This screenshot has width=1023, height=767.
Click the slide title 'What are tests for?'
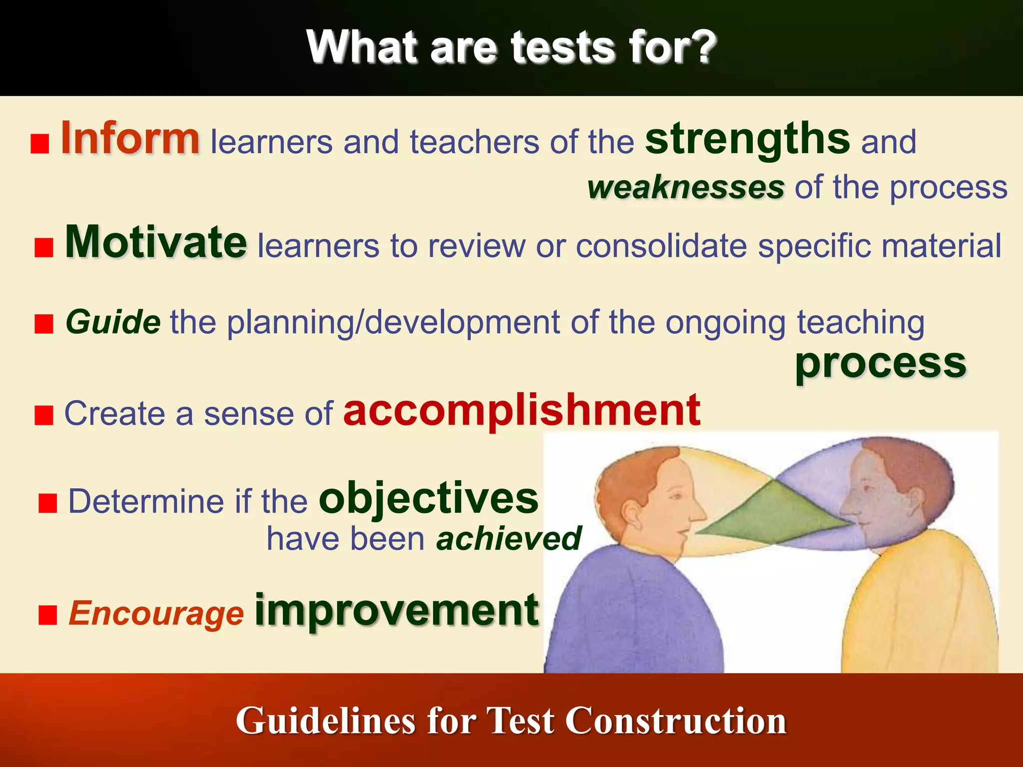[x=511, y=47]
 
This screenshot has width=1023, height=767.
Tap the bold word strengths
[x=747, y=140]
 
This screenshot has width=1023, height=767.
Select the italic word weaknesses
[x=685, y=188]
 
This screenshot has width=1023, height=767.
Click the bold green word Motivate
[x=156, y=243]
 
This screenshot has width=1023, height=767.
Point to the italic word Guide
[x=113, y=322]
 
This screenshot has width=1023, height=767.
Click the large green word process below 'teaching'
[x=880, y=364]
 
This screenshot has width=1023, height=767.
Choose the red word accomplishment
[x=521, y=410]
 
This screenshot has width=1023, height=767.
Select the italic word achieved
[x=509, y=538]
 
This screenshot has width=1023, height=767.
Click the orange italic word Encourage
[x=156, y=613]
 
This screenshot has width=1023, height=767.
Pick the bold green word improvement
[x=397, y=610]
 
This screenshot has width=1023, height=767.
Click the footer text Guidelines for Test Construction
[x=511, y=721]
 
